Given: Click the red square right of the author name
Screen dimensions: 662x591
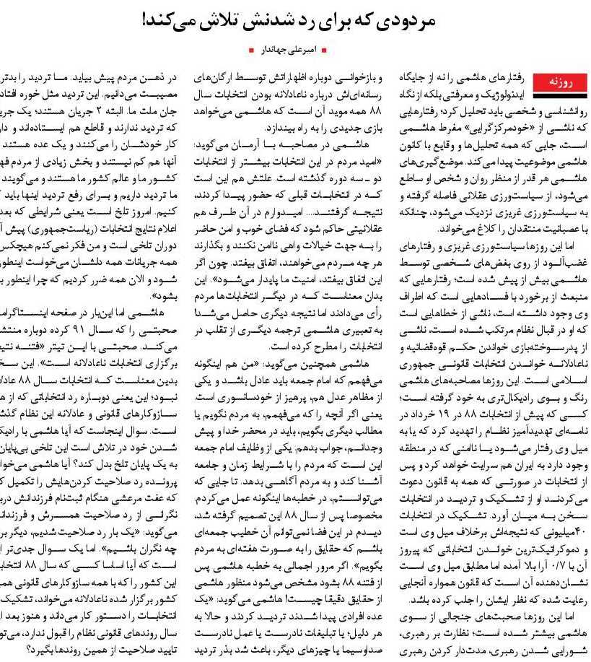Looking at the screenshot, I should point(324,51).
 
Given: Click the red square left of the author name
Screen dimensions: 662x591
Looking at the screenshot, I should point(250,51).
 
